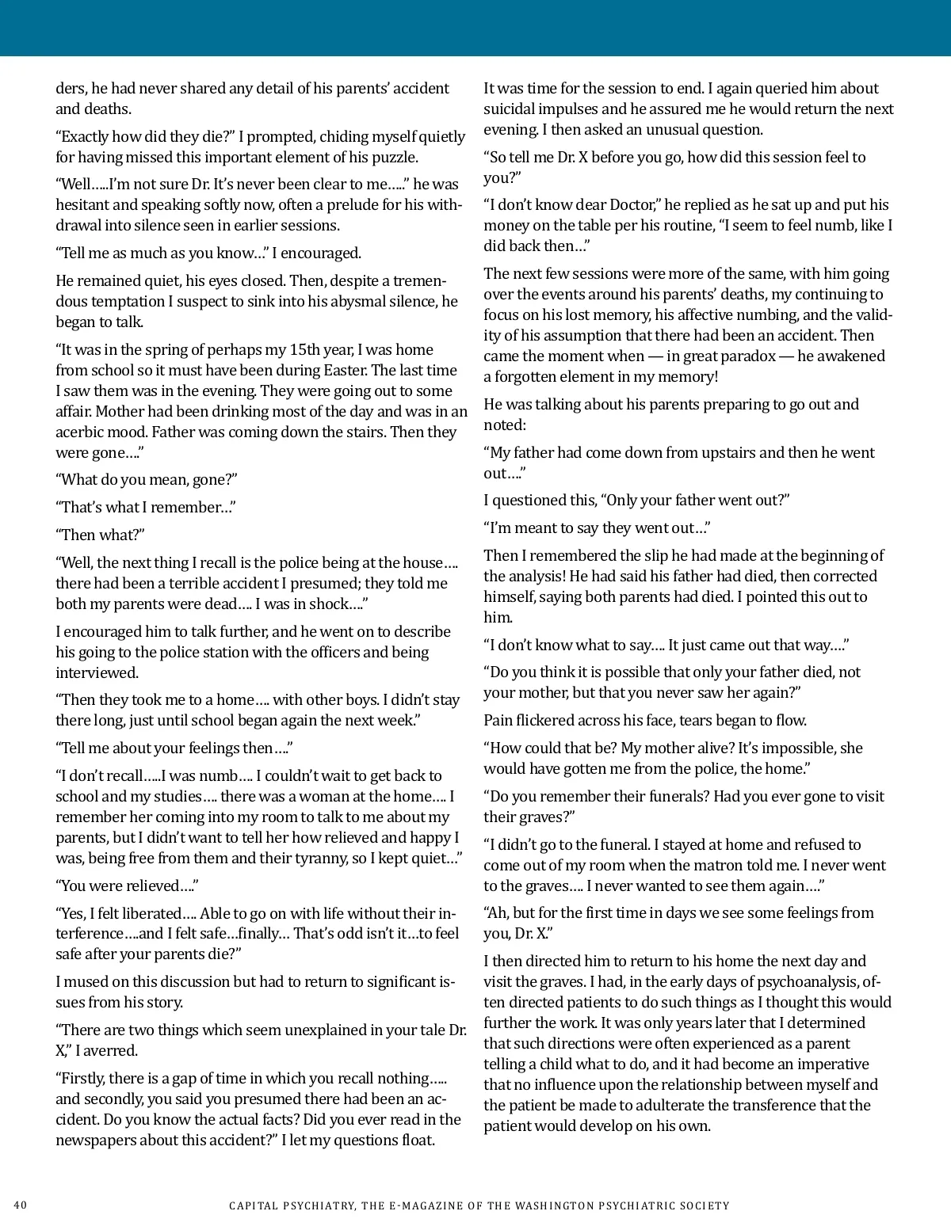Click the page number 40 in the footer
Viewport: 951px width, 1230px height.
point(21,1205)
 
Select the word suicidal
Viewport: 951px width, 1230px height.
point(514,109)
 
